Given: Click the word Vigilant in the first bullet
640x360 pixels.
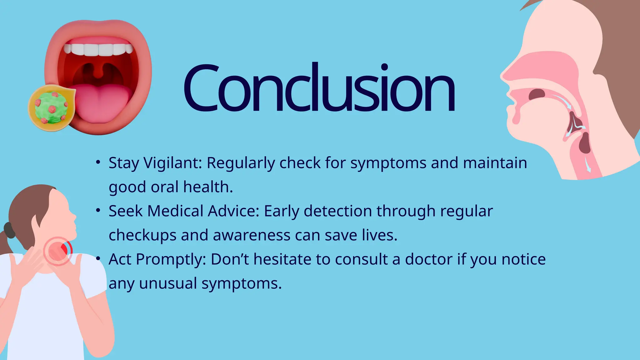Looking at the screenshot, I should [x=173, y=163].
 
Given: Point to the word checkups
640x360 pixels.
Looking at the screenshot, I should [x=142, y=235].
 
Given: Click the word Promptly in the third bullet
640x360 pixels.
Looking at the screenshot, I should [x=171, y=260].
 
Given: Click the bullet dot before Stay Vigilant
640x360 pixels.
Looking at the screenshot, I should [x=98, y=162].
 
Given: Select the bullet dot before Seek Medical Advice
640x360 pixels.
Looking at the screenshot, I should [x=98, y=211].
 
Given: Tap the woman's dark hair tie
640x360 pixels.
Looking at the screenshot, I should [x=9, y=230].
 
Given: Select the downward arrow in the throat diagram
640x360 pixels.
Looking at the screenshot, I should [x=588, y=165].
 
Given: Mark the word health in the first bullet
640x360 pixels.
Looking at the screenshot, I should [x=207, y=187].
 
